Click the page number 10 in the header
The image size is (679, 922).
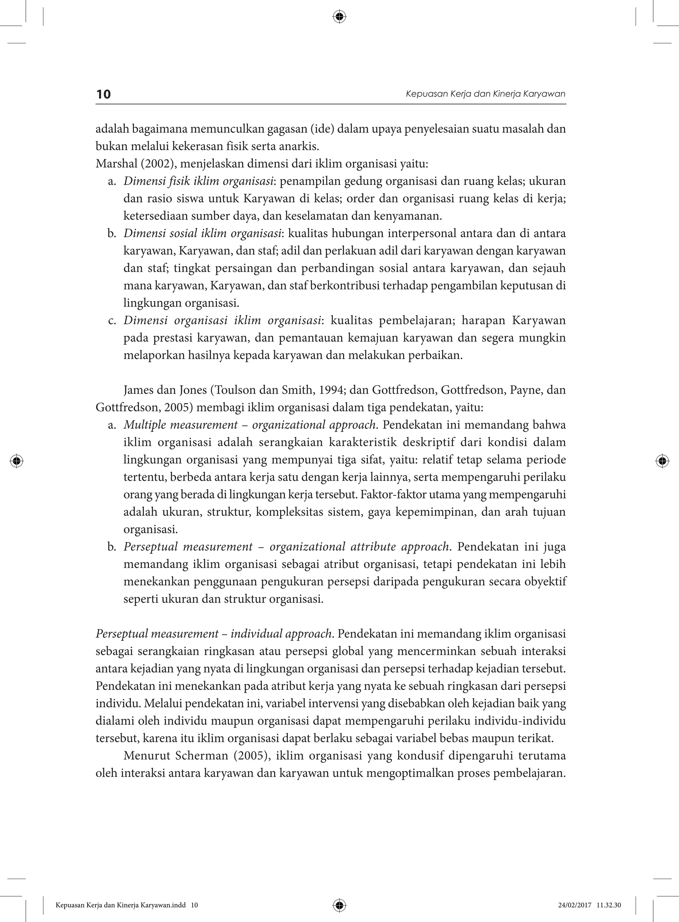(103, 94)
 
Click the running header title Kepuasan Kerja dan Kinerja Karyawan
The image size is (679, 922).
(485, 94)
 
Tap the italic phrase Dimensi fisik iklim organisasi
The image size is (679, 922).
(199, 181)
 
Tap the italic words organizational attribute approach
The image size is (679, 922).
(359, 547)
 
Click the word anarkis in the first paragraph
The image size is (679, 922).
(302, 147)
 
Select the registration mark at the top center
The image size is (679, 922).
(339, 17)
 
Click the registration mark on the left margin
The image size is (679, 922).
(17, 461)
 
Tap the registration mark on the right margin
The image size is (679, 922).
(662, 461)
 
